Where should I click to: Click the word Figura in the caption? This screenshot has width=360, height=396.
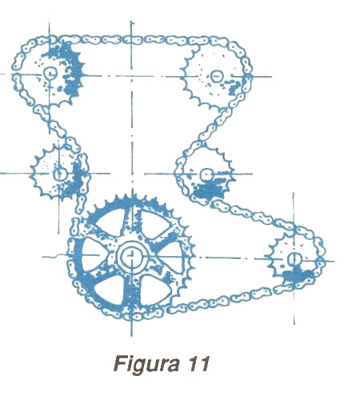pyautogui.click(x=146, y=365)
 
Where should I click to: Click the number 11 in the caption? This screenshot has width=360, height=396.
pyautogui.click(x=198, y=364)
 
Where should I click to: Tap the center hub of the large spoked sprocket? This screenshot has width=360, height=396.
pyautogui.click(x=131, y=256)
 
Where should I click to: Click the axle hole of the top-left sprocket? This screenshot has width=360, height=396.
pyautogui.click(x=50, y=73)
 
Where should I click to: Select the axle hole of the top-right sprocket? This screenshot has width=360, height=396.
pyautogui.click(x=217, y=77)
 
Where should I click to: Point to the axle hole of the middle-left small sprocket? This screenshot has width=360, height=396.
pyautogui.click(x=59, y=174)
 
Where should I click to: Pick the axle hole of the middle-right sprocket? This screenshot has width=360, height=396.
pyautogui.click(x=206, y=174)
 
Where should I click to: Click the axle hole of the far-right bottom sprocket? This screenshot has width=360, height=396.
pyautogui.click(x=294, y=258)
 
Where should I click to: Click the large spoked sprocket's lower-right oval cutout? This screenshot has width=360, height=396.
pyautogui.click(x=154, y=290)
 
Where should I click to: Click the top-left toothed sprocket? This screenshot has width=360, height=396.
pyautogui.click(x=50, y=72)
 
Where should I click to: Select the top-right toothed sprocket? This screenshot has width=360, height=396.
pyautogui.click(x=216, y=76)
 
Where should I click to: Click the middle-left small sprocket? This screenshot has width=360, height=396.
pyautogui.click(x=59, y=174)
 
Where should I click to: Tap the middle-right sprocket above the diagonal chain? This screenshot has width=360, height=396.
pyautogui.click(x=206, y=174)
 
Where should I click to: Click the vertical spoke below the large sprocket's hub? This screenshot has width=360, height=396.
pyautogui.click(x=131, y=288)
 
